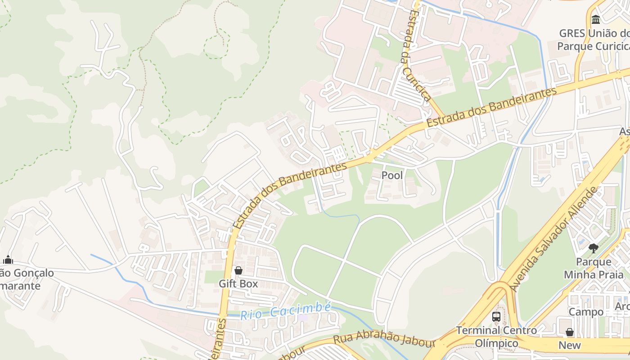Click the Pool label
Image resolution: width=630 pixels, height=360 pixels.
pos(392,175)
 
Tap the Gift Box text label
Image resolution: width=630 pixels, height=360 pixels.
pos(238,283)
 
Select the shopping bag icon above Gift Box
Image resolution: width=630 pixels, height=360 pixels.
pos(238,270)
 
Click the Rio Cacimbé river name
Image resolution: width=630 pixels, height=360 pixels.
pos(286,311)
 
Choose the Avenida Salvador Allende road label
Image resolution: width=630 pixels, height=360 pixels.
pos(554,238)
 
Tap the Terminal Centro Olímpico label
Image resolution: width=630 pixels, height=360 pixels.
pos(496,337)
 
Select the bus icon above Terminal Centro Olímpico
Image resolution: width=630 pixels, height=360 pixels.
pos(496,317)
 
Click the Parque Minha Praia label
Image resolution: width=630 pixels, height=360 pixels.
pos(594,268)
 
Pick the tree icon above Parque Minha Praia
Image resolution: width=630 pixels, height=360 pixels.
pos(594,248)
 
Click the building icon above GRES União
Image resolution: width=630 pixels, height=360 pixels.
pos(596,19)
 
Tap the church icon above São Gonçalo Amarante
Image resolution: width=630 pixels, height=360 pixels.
pos(8,260)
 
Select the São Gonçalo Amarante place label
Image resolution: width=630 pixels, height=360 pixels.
pos(27,279)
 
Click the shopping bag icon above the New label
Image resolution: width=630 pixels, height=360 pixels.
pos(570,332)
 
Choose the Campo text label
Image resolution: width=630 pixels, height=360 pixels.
pos(586,312)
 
